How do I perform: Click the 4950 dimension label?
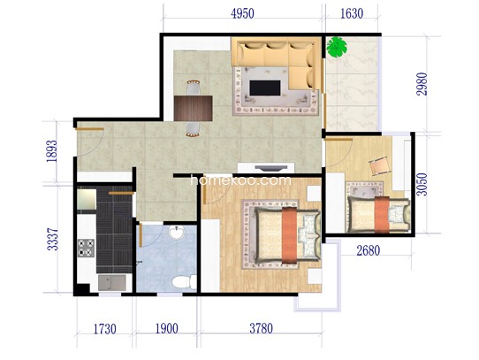pyautogui.click(x=242, y=14)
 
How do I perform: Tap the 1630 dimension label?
pyautogui.click(x=352, y=14)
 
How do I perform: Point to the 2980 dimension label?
pyautogui.click(x=422, y=84)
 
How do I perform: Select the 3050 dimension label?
pyautogui.click(x=422, y=184)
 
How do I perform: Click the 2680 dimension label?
pyautogui.click(x=369, y=251)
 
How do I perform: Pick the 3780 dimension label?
pyautogui.click(x=262, y=329)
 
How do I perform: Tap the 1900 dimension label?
pyautogui.click(x=167, y=329)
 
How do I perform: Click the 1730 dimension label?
pyautogui.click(x=105, y=329)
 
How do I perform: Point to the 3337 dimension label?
pyautogui.click(x=52, y=239)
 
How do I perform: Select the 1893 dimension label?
pyautogui.click(x=51, y=150)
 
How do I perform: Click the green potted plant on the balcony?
pyautogui.click(x=337, y=47)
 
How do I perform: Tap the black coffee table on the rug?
pyautogui.click(x=265, y=88)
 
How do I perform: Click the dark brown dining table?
pyautogui.click(x=194, y=108)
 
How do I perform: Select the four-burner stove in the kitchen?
pyautogui.click(x=86, y=248)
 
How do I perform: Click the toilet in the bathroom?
pyautogui.click(x=184, y=281)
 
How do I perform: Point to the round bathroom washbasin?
pyautogui.click(x=176, y=233)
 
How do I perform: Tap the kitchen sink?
pyautogui.click(x=112, y=283)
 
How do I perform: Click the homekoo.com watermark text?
pyautogui.click(x=240, y=180)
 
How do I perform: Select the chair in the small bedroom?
pyautogui.click(x=380, y=166)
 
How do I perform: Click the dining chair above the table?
pyautogui.click(x=194, y=88)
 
